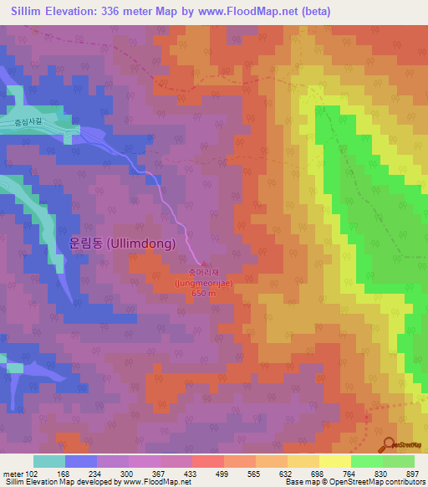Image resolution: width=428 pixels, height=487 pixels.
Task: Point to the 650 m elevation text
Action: tap(203, 293)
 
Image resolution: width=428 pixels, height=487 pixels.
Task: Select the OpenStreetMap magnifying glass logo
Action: tap(390, 444)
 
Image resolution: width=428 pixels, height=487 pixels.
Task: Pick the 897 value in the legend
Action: tap(412, 473)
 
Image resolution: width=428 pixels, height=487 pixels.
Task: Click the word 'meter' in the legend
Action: tap(13, 473)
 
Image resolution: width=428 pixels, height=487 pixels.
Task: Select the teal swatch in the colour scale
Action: tap(48, 461)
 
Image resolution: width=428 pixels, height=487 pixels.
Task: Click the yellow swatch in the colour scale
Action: tap(334, 461)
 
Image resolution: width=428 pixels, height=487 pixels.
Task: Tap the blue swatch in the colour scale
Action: tap(80, 461)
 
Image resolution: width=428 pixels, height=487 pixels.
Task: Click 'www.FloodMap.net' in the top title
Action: tap(260, 12)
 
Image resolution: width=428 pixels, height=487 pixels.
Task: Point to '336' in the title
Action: tap(117, 12)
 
